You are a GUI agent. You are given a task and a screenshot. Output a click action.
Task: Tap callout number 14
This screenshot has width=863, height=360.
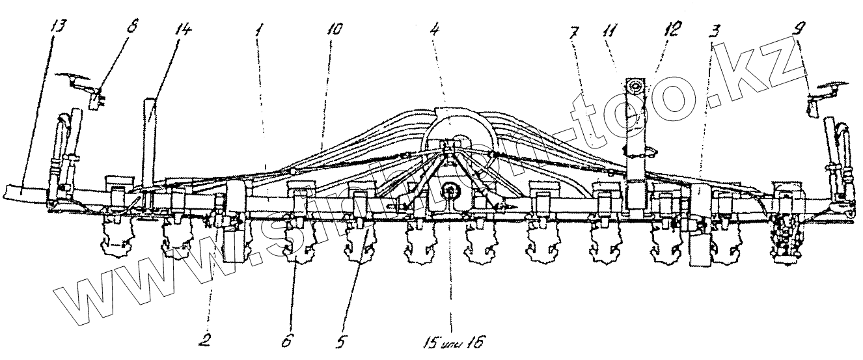click(184, 31)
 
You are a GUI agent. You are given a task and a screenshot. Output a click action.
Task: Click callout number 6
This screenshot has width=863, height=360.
click(287, 339)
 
